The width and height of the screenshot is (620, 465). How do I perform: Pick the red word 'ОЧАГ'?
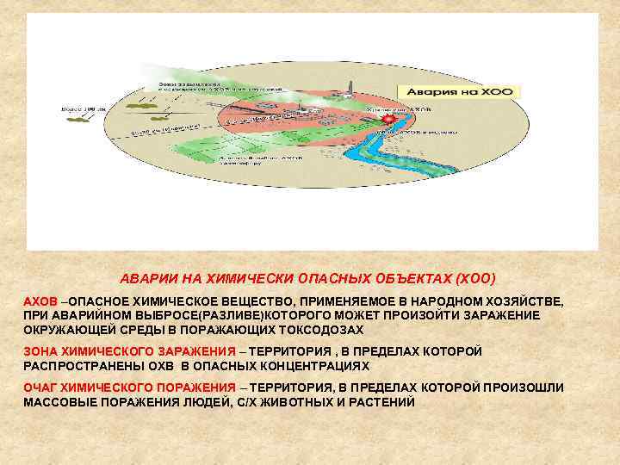tap(40, 387)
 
